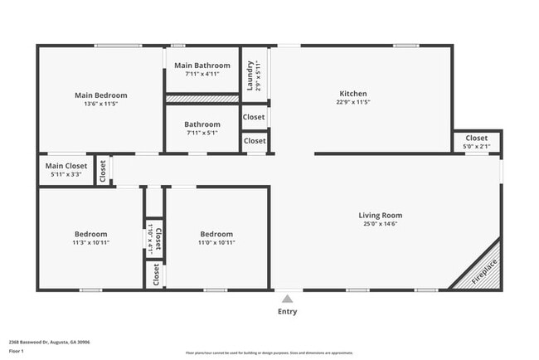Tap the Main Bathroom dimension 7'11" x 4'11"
tap(203, 74)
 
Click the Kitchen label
tap(353, 94)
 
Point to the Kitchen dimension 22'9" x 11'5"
tap(353, 103)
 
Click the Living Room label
tap(381, 215)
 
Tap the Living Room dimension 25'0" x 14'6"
tap(381, 224)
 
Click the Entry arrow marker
tap(287, 299)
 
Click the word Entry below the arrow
tap(287, 312)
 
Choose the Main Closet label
tap(66, 166)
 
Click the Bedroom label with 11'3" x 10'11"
tap(90, 234)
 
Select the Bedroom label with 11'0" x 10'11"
tap(216, 234)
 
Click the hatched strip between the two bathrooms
tap(203, 99)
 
